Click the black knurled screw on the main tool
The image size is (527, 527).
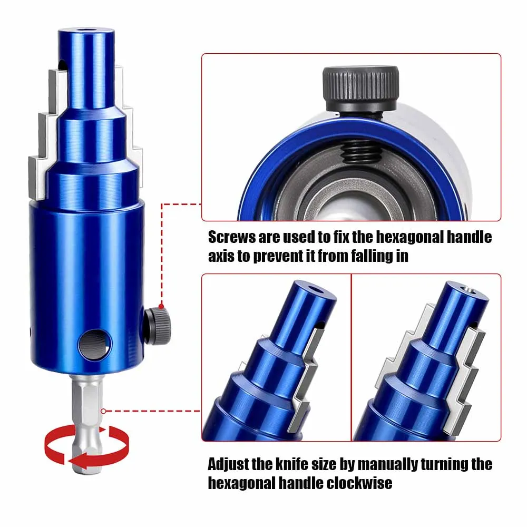(158, 327)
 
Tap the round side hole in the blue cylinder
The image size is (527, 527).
(95, 345)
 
